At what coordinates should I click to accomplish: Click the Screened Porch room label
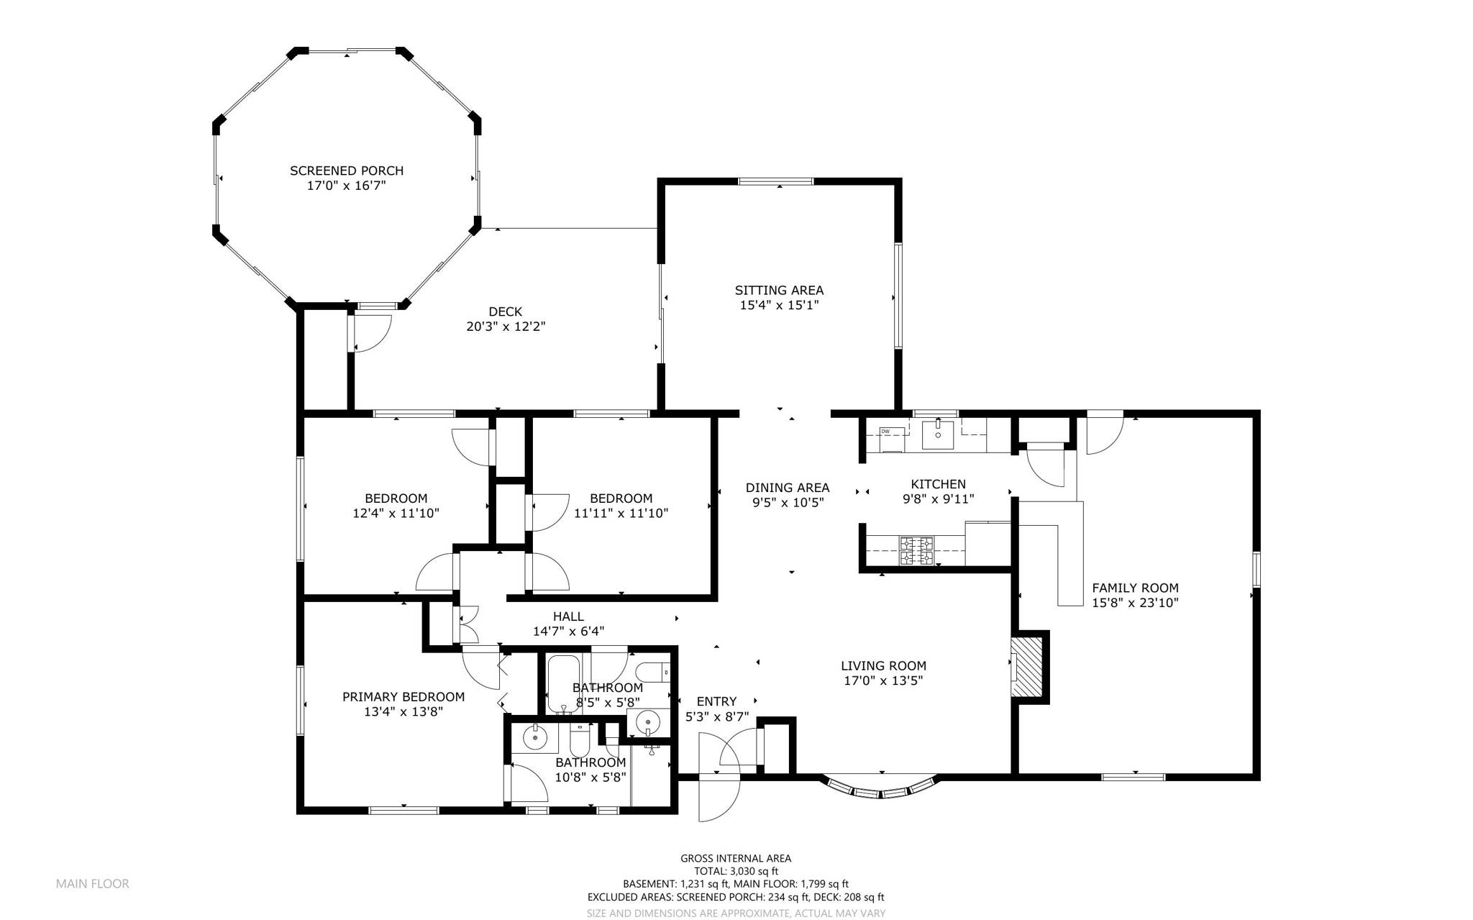pos(346,170)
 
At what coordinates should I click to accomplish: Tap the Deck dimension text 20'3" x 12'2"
pos(506,327)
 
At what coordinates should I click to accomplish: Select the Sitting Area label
pos(779,290)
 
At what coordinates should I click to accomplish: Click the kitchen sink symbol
pos(938,434)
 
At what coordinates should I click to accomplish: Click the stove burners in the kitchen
pos(916,550)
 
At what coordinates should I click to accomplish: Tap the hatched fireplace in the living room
pos(1027,666)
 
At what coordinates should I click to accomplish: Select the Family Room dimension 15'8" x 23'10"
pos(1135,603)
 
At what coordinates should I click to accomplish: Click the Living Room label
pos(883,666)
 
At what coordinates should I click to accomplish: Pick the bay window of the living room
pos(880,789)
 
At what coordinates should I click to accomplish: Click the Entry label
pos(716,701)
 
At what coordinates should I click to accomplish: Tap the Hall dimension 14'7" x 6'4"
pos(568,632)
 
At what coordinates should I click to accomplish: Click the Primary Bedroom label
pos(403,696)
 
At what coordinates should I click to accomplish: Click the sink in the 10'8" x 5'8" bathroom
pos(535,738)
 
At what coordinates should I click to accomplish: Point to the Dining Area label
pos(787,488)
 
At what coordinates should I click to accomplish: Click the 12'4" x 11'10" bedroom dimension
pos(396,514)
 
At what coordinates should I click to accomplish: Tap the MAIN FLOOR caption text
pos(92,883)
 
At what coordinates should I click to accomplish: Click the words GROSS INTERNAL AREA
pos(735,858)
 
